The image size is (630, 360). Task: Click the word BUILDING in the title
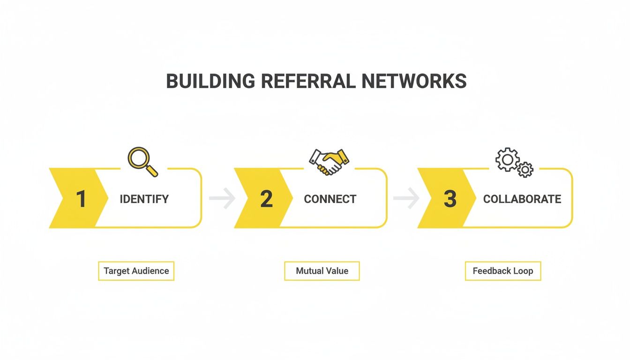[210, 81]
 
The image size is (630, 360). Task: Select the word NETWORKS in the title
[414, 81]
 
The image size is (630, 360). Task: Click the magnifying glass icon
[142, 161]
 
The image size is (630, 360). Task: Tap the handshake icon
[329, 162]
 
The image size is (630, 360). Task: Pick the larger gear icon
[507, 160]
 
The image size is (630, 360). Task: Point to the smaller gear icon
[525, 169]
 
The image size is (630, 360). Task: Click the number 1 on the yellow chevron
[81, 199]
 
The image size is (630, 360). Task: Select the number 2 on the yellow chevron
[266, 199]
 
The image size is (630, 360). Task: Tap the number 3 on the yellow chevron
[450, 199]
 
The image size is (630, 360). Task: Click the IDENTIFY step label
[144, 199]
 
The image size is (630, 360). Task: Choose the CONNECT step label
[330, 199]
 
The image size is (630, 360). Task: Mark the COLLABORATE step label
[522, 199]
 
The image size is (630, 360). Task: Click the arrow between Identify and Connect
[222, 199]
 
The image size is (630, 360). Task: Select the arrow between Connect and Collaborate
[406, 199]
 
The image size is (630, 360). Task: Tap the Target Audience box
[136, 271]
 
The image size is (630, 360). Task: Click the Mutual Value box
[322, 271]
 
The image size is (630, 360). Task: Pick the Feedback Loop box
[503, 271]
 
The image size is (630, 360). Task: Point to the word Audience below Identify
[150, 271]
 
